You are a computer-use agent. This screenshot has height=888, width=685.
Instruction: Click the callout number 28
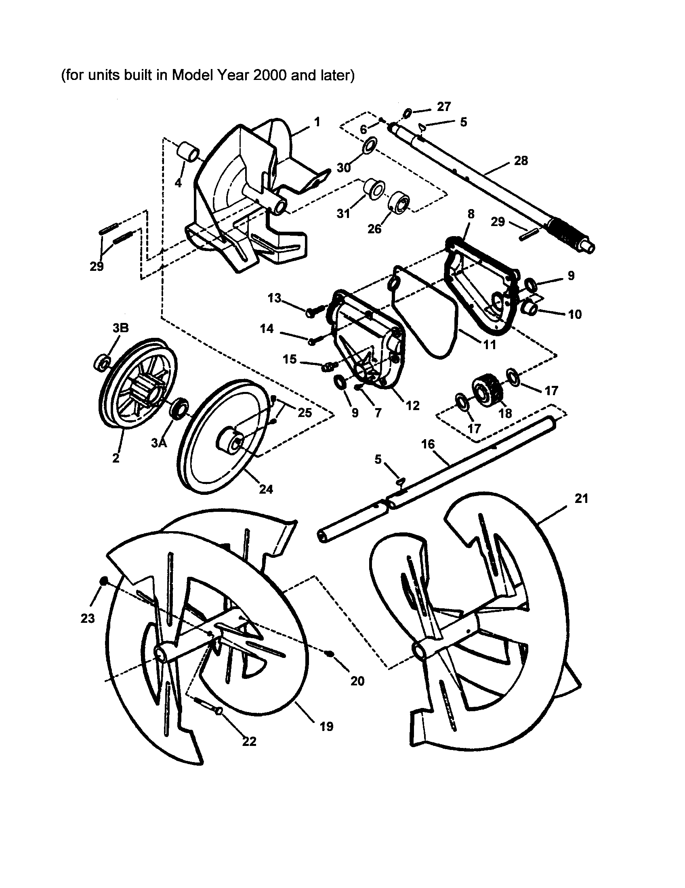521,161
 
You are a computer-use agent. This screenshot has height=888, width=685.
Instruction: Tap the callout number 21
582,498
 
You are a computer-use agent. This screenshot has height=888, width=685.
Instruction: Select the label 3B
120,328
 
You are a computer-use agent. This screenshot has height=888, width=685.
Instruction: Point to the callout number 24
266,489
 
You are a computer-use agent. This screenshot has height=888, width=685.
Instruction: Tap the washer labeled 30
369,145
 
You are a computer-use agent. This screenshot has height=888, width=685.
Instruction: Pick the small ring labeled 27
408,112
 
